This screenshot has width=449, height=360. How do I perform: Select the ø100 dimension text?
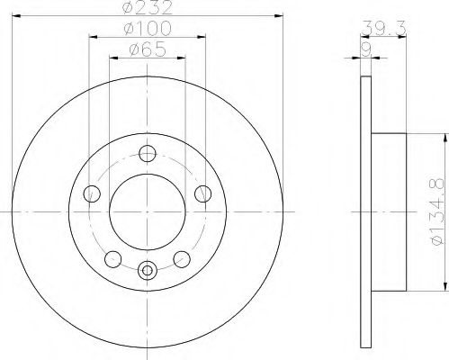click(x=146, y=32)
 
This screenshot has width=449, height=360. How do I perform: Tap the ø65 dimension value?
click(x=148, y=51)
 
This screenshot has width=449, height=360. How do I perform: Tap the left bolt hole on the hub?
click(x=90, y=193)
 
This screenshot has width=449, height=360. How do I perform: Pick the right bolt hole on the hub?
click(x=203, y=192)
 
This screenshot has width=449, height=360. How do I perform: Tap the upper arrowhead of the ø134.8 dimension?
click(x=442, y=137)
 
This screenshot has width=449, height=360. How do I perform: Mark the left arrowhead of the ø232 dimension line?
click(x=19, y=20)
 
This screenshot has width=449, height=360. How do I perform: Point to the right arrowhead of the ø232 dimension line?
click(x=280, y=20)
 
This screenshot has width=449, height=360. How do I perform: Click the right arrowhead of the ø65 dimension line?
click(x=181, y=59)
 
